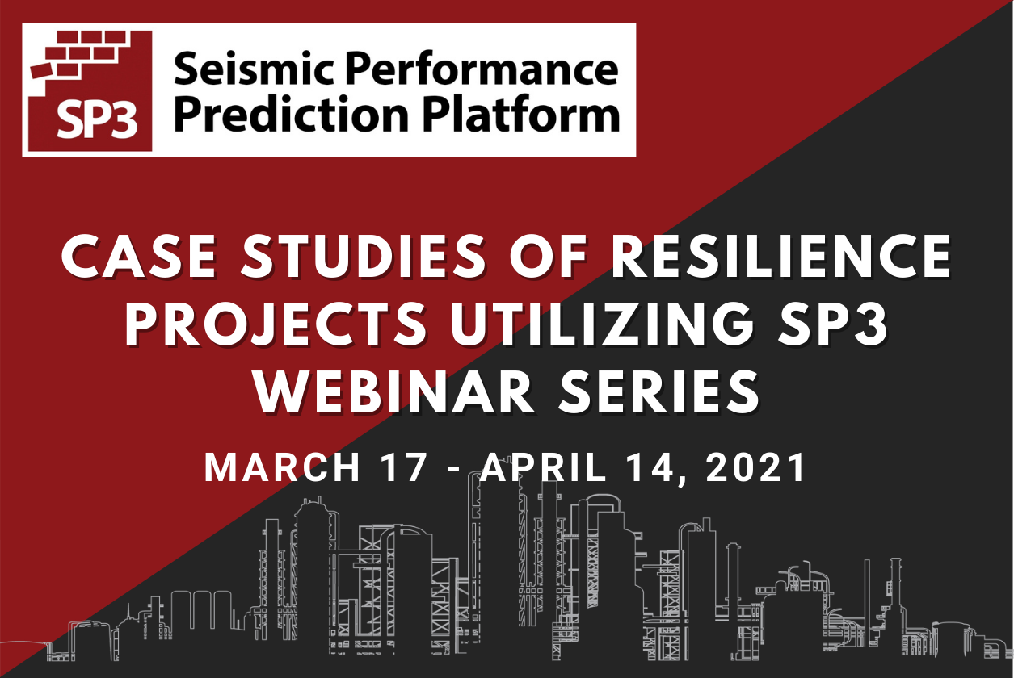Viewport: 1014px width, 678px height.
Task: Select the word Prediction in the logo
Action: (x=292, y=114)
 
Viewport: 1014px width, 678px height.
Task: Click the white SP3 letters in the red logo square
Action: (x=97, y=119)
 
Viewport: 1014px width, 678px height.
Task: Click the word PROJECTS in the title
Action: (x=276, y=324)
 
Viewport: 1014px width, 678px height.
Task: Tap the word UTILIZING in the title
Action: (x=603, y=324)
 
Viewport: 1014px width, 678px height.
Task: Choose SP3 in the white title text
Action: (x=833, y=324)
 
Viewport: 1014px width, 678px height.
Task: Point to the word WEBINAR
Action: (x=393, y=391)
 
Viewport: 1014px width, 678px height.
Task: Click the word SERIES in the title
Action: (x=658, y=391)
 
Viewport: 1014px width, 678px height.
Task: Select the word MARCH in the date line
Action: (x=282, y=468)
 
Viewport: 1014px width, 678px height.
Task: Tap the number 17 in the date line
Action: (x=404, y=468)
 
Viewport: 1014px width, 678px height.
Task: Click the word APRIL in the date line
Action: (x=543, y=468)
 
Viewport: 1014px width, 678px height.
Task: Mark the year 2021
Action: (x=756, y=468)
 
